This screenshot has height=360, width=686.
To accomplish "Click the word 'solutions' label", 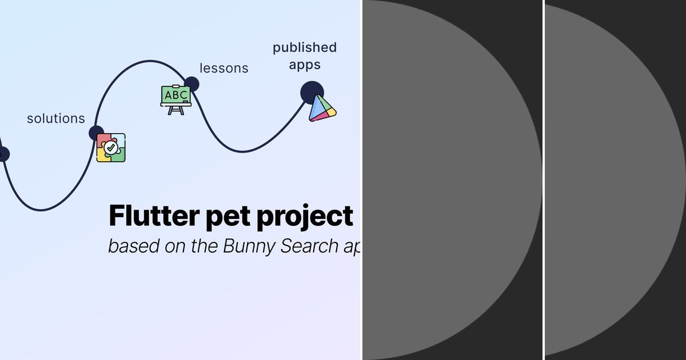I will pos(56,118).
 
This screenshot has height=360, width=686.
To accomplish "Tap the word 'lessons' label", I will pos(224,68).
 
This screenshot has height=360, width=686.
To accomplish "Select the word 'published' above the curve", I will pos(305,47).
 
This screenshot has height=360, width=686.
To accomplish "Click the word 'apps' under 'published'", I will pos(305,65).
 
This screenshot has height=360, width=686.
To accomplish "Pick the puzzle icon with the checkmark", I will pos(111,147).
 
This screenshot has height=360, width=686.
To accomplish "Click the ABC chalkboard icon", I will pos(176,99).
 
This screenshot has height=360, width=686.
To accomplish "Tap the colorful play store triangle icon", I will pos(322,108).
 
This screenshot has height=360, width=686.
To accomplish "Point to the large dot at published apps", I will pos(312,92).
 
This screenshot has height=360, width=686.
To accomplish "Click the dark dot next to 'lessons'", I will pos(192,84).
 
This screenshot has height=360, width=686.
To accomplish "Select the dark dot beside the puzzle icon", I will pos(96,133).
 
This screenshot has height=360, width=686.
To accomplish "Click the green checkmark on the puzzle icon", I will pos(111,147).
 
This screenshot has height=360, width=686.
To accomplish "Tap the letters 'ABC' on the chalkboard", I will pos(176,94).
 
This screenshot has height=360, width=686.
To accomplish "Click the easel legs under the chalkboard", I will pos(176,110).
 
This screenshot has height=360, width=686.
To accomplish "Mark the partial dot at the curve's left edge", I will pos(3,154).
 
